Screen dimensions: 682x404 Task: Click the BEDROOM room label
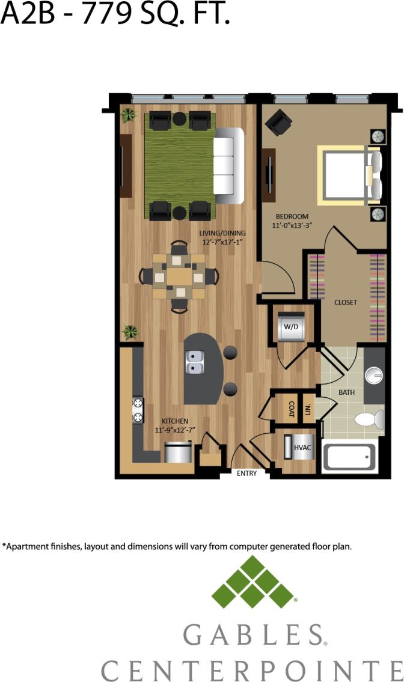pyautogui.click(x=292, y=216)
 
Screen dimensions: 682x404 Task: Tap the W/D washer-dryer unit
pyautogui.click(x=290, y=327)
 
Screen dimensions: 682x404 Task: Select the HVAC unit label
pyautogui.click(x=301, y=448)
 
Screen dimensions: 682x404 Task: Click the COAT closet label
pyautogui.click(x=292, y=409)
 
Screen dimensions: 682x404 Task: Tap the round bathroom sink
pyautogui.click(x=374, y=375)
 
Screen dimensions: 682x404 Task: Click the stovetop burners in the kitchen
pyautogui.click(x=138, y=410)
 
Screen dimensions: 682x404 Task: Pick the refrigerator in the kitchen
pyautogui.click(x=178, y=452)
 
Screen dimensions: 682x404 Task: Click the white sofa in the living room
pyautogui.click(x=229, y=165)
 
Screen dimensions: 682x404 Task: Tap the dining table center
pyautogui.click(x=179, y=276)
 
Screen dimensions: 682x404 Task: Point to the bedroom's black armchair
pyautogui.click(x=278, y=122)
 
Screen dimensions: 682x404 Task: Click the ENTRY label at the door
pyautogui.click(x=246, y=473)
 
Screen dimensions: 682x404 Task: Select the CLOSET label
pyautogui.click(x=345, y=302)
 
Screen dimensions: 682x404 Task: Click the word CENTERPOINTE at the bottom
pyautogui.click(x=251, y=669)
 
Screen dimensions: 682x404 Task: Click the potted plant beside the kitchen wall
pyautogui.click(x=130, y=331)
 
